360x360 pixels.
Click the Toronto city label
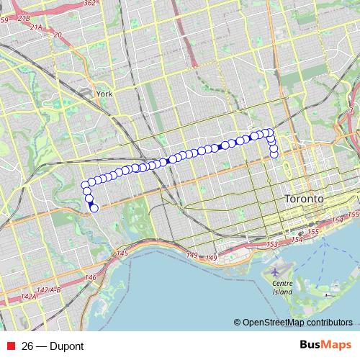pyautogui.click(x=305, y=198)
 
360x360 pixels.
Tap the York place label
pyautogui.click(x=104, y=94)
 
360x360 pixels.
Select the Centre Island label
pyautogui.click(x=282, y=288)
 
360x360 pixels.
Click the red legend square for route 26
pyautogui.click(x=9, y=346)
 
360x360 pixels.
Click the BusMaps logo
pyautogui.click(x=327, y=346)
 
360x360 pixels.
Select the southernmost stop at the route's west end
pyautogui.click(x=94, y=209)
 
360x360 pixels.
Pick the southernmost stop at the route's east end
pyautogui.click(x=274, y=154)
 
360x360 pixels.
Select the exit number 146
pyautogui.click(x=90, y=277)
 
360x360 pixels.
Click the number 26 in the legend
pyautogui.click(x=28, y=346)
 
